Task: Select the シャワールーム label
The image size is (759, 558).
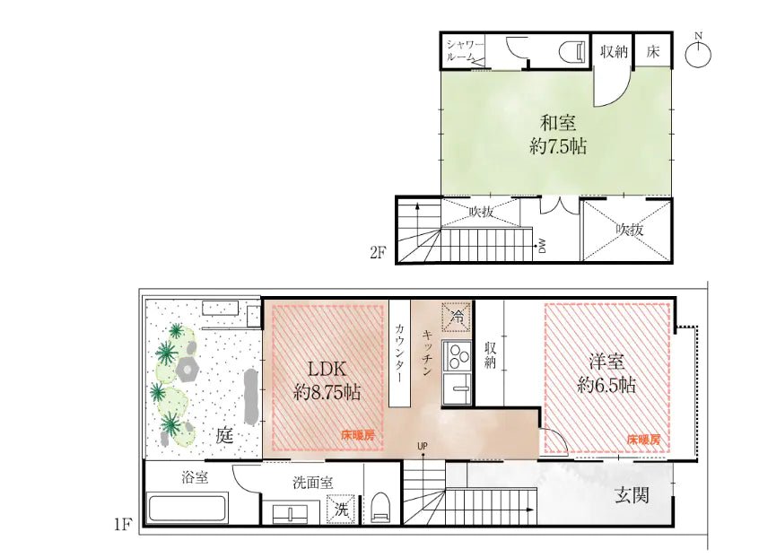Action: [465, 51]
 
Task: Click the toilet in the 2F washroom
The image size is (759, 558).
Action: [571, 52]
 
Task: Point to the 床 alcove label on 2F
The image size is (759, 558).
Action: [653, 51]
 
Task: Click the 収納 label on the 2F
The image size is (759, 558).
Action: [614, 51]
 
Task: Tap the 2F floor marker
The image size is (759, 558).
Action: [378, 252]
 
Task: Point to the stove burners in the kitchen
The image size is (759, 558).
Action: [457, 356]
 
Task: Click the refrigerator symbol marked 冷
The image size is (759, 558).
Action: [457, 316]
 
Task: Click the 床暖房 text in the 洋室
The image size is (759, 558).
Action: [643, 440]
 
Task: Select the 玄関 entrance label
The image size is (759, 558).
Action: [632, 495]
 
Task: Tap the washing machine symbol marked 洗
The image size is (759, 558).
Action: [341, 509]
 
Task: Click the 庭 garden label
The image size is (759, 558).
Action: [224, 437]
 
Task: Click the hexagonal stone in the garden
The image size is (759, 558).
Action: [188, 369]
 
